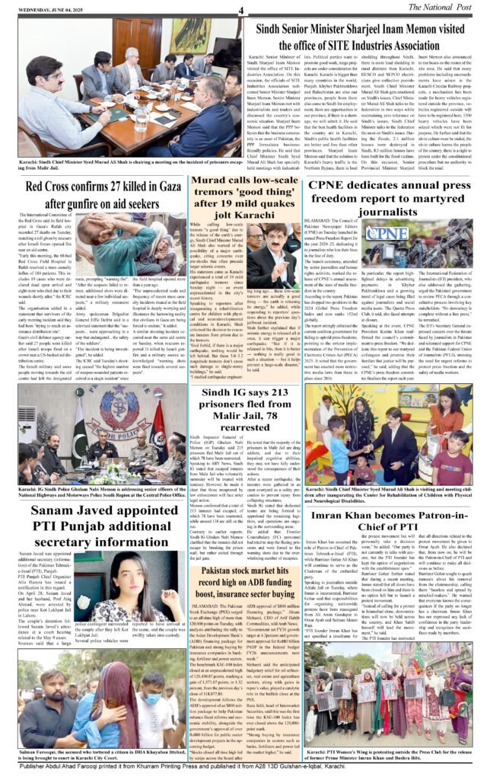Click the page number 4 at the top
click(x=240, y=10)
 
